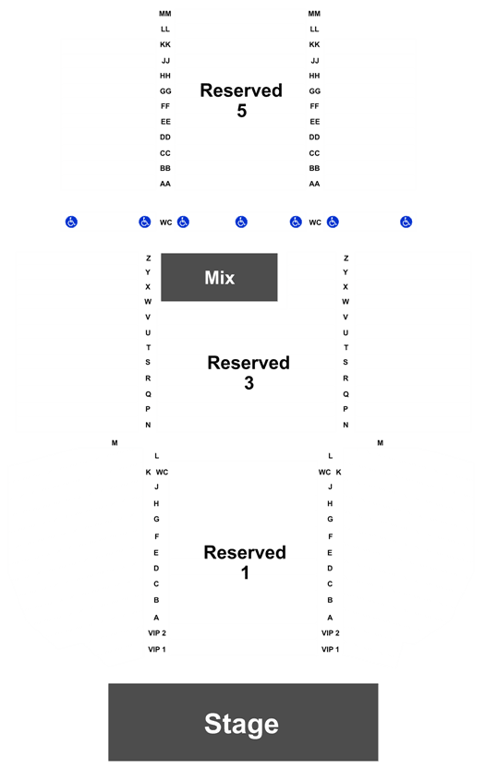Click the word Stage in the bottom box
click(x=241, y=724)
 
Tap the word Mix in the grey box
click(x=220, y=278)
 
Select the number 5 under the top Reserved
click(x=241, y=111)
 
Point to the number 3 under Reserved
click(x=249, y=383)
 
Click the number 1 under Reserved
click(x=245, y=572)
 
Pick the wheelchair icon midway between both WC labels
click(x=241, y=222)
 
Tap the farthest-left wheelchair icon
click(x=71, y=222)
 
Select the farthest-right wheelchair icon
click(x=406, y=222)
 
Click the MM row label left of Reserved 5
click(x=165, y=14)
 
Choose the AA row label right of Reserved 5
click(x=314, y=184)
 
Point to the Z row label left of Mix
click(x=148, y=258)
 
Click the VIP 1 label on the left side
click(x=157, y=649)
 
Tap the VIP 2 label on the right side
click(x=331, y=633)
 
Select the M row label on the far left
click(x=115, y=443)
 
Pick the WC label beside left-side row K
click(x=162, y=473)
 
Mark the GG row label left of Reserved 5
click(x=165, y=91)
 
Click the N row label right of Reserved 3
click(x=346, y=426)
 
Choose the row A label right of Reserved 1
click(x=330, y=618)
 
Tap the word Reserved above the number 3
click(x=249, y=363)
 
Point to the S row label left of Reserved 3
click(x=148, y=363)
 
